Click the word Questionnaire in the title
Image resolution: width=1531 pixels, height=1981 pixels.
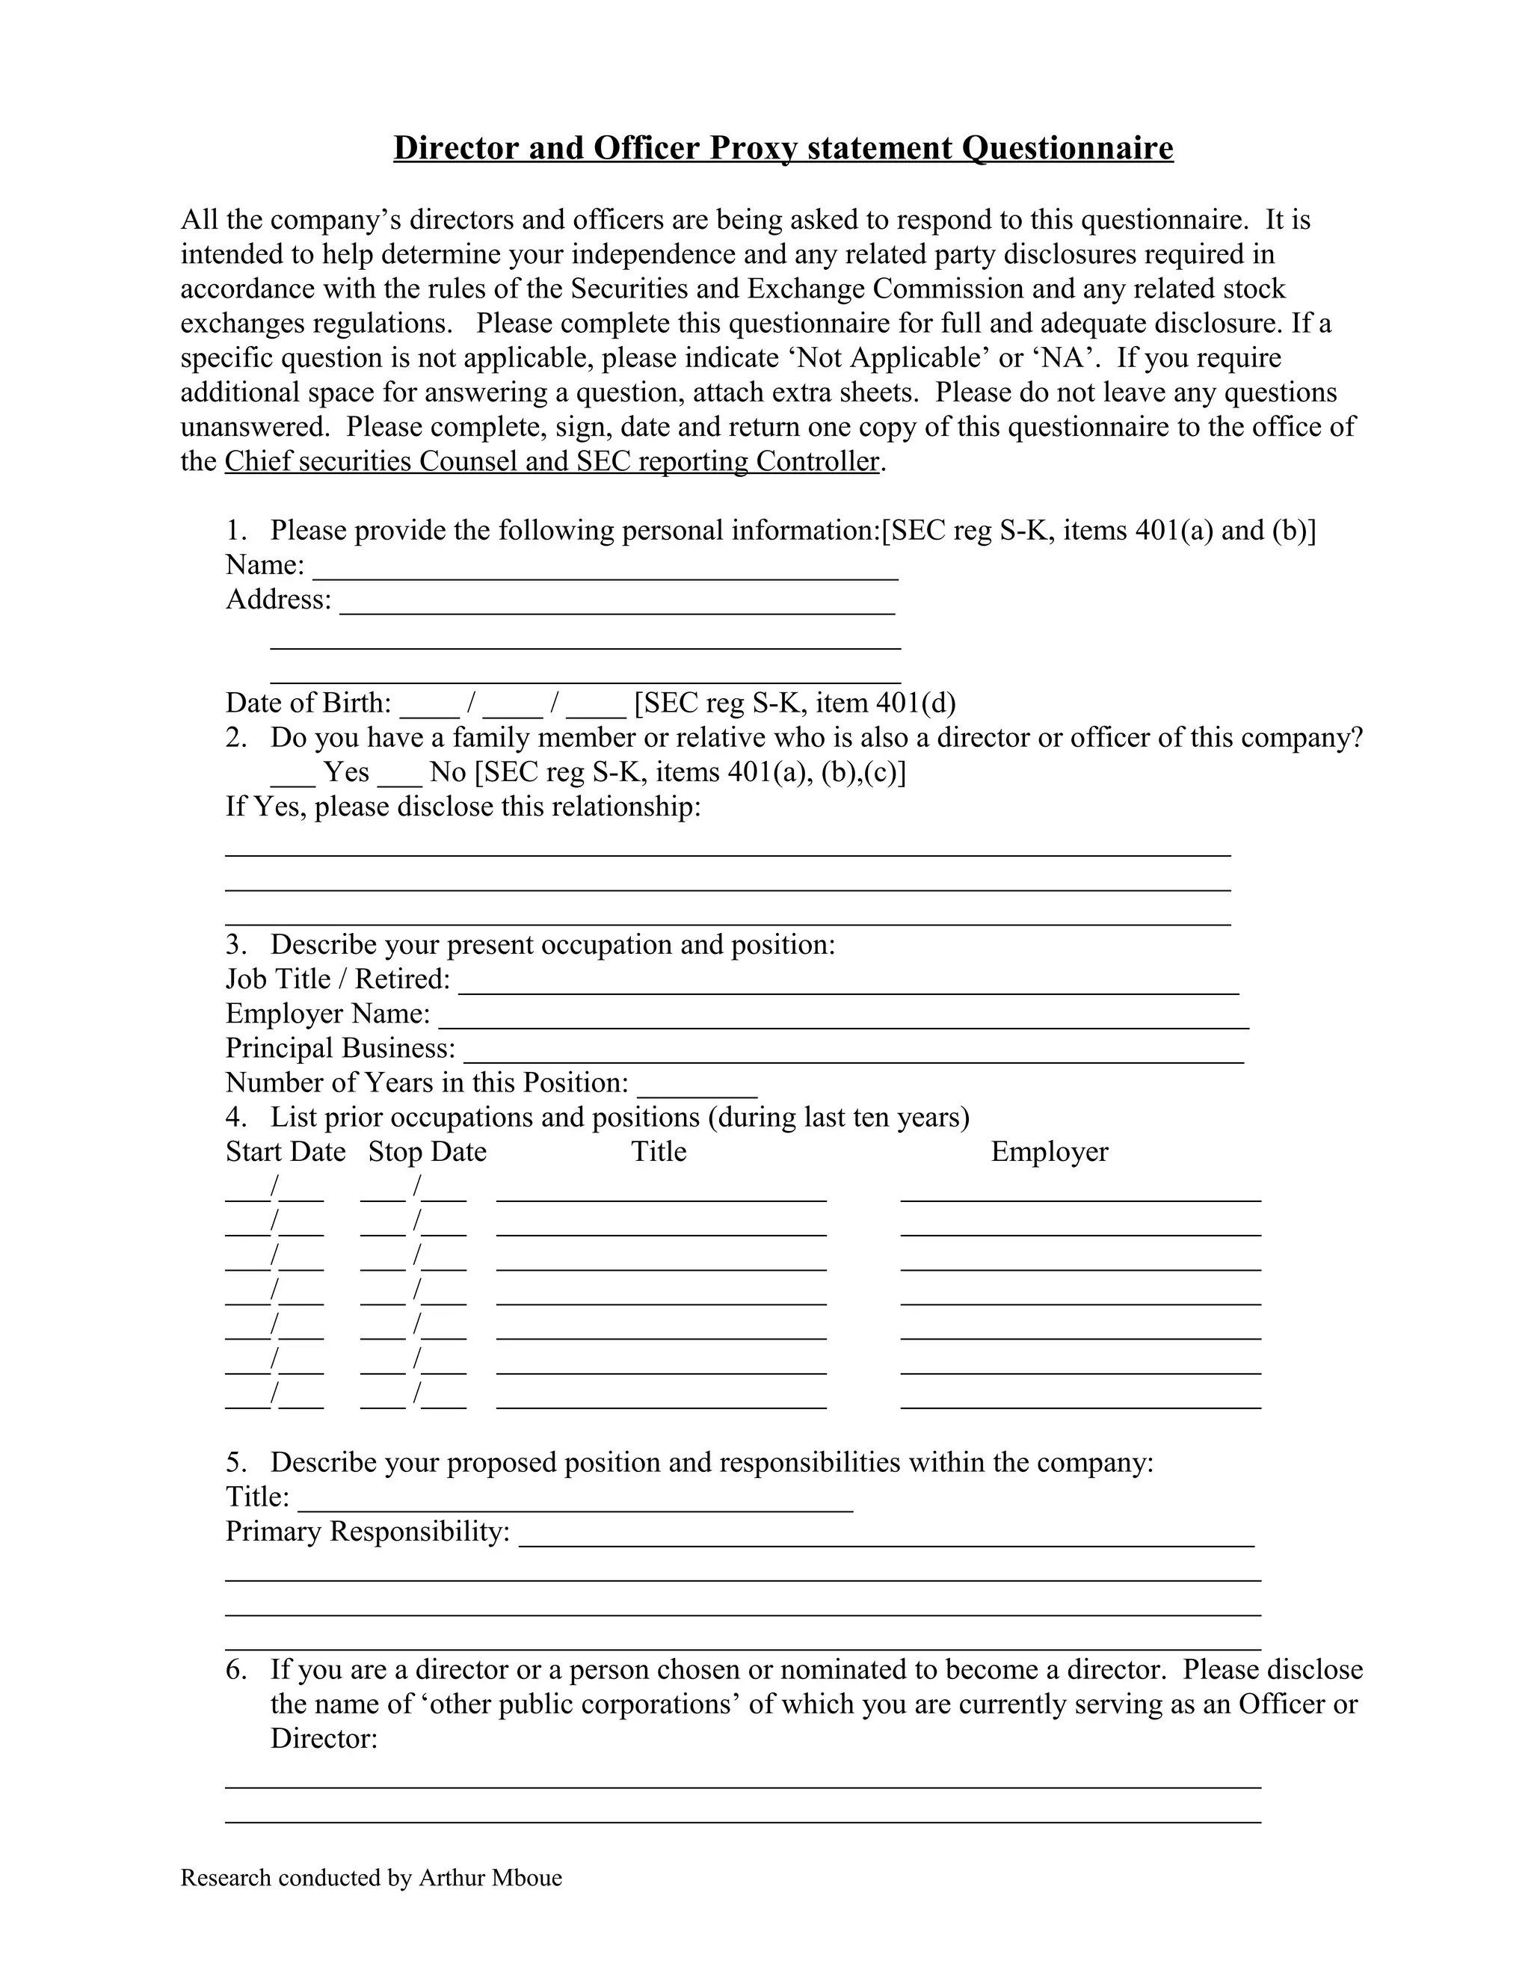tap(1067, 148)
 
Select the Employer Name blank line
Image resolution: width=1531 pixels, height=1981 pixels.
tap(843, 1020)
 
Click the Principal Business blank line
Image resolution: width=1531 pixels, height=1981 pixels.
tap(852, 1055)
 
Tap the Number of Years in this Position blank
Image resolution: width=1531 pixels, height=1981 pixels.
tap(697, 1089)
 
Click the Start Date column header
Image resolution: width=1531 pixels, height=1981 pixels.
tap(286, 1152)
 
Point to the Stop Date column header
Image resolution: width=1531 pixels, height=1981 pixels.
tap(427, 1152)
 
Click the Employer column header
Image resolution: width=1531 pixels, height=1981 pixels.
tap(1050, 1152)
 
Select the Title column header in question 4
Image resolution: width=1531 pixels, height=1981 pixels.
tap(659, 1152)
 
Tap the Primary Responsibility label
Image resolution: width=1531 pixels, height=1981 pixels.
tap(367, 1532)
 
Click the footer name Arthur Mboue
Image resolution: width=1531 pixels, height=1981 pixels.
tap(490, 1878)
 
